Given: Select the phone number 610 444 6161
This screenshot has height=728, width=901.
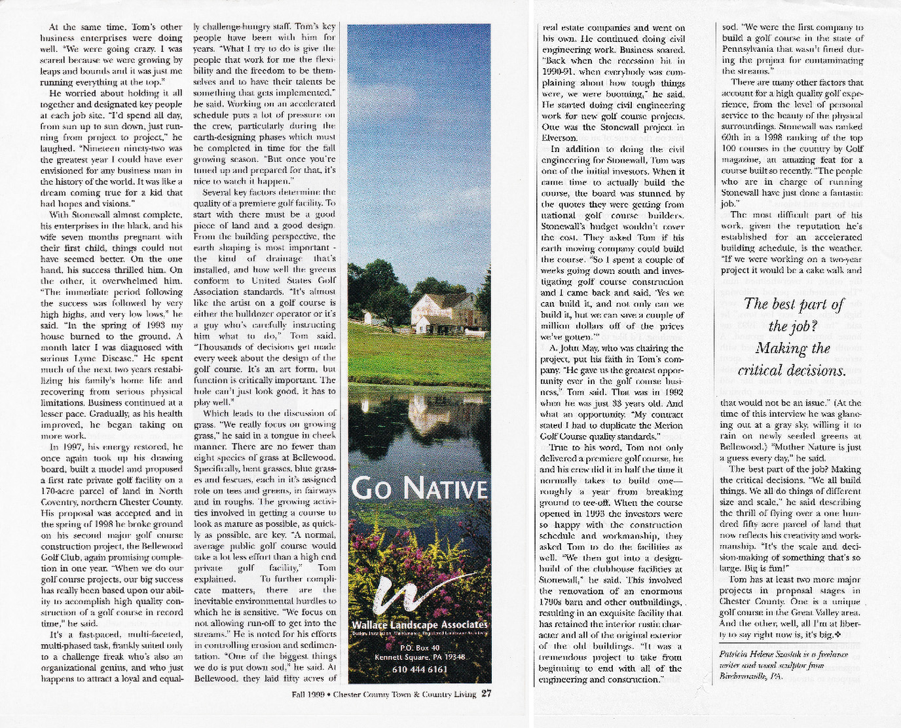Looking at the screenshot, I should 419,669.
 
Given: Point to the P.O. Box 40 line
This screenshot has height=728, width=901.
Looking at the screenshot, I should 419,647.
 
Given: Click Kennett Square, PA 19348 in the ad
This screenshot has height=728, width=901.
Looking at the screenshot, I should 419,657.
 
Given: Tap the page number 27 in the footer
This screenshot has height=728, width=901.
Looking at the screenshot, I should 486,694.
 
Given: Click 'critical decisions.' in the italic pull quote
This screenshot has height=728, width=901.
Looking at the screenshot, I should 782,370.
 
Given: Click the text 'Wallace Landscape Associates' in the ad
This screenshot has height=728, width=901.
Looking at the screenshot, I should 419,625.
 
